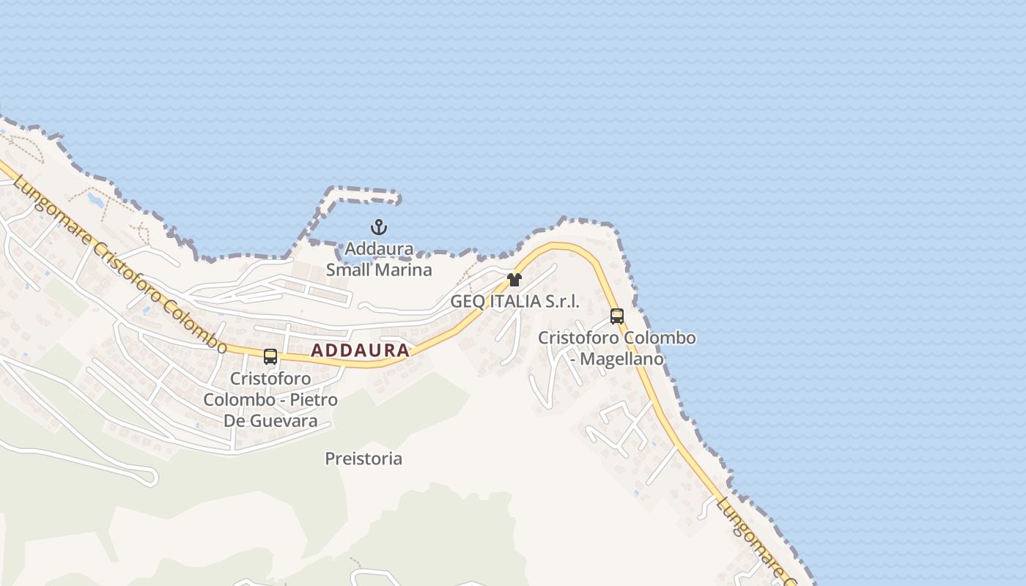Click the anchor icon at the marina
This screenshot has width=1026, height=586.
coord(379,227)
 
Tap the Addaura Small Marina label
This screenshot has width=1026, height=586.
coord(379,259)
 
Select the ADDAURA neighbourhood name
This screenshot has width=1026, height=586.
coord(360,351)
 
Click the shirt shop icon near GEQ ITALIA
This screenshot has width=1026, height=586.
coord(514,279)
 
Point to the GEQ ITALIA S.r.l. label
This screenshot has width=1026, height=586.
coord(514,301)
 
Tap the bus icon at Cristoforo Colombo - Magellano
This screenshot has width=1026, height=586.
coord(617,316)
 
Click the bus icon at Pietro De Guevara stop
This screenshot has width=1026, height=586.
coord(270,357)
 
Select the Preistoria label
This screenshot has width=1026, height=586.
coord(363,459)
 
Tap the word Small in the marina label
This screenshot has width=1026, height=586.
coord(349,270)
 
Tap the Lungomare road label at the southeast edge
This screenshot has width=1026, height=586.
coord(751,538)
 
